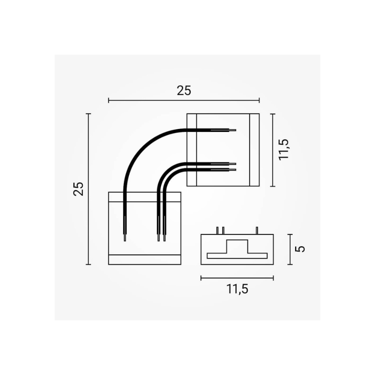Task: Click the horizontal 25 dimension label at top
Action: point(184,91)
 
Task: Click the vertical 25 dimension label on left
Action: point(78,189)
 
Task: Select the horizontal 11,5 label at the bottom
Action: point(237,289)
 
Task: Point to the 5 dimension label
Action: point(300,249)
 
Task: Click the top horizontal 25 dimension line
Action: point(184,100)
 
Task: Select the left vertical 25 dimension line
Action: point(88,189)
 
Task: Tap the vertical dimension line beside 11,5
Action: point(273,150)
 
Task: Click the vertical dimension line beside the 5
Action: point(290,249)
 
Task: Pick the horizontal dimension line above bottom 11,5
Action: point(237,278)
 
